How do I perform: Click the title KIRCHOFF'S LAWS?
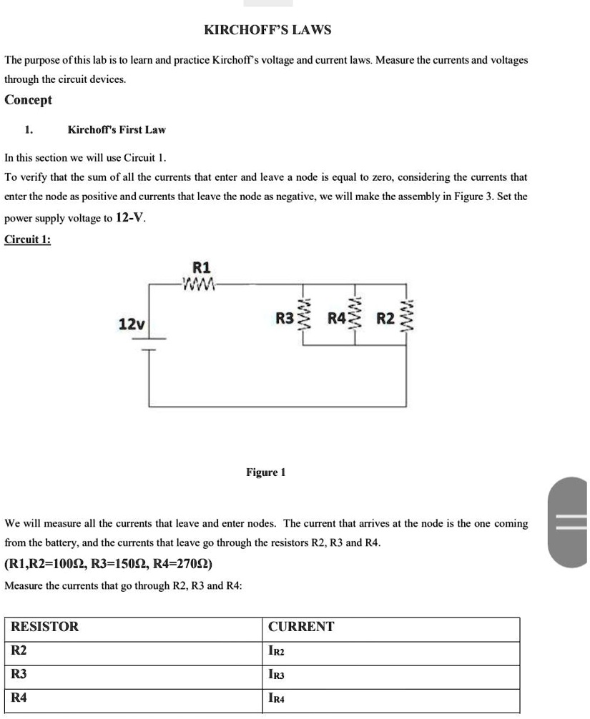[x=267, y=30]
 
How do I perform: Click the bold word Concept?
[x=29, y=100]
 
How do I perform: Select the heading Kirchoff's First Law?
[x=117, y=129]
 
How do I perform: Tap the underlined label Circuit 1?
[x=27, y=239]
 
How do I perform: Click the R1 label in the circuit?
[x=202, y=268]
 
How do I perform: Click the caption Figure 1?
[x=265, y=472]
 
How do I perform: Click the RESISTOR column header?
[x=44, y=627]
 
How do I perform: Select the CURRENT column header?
[x=301, y=627]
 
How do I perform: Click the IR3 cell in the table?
[x=277, y=675]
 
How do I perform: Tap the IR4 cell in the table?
[x=277, y=698]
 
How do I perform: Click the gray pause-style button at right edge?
[x=571, y=523]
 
